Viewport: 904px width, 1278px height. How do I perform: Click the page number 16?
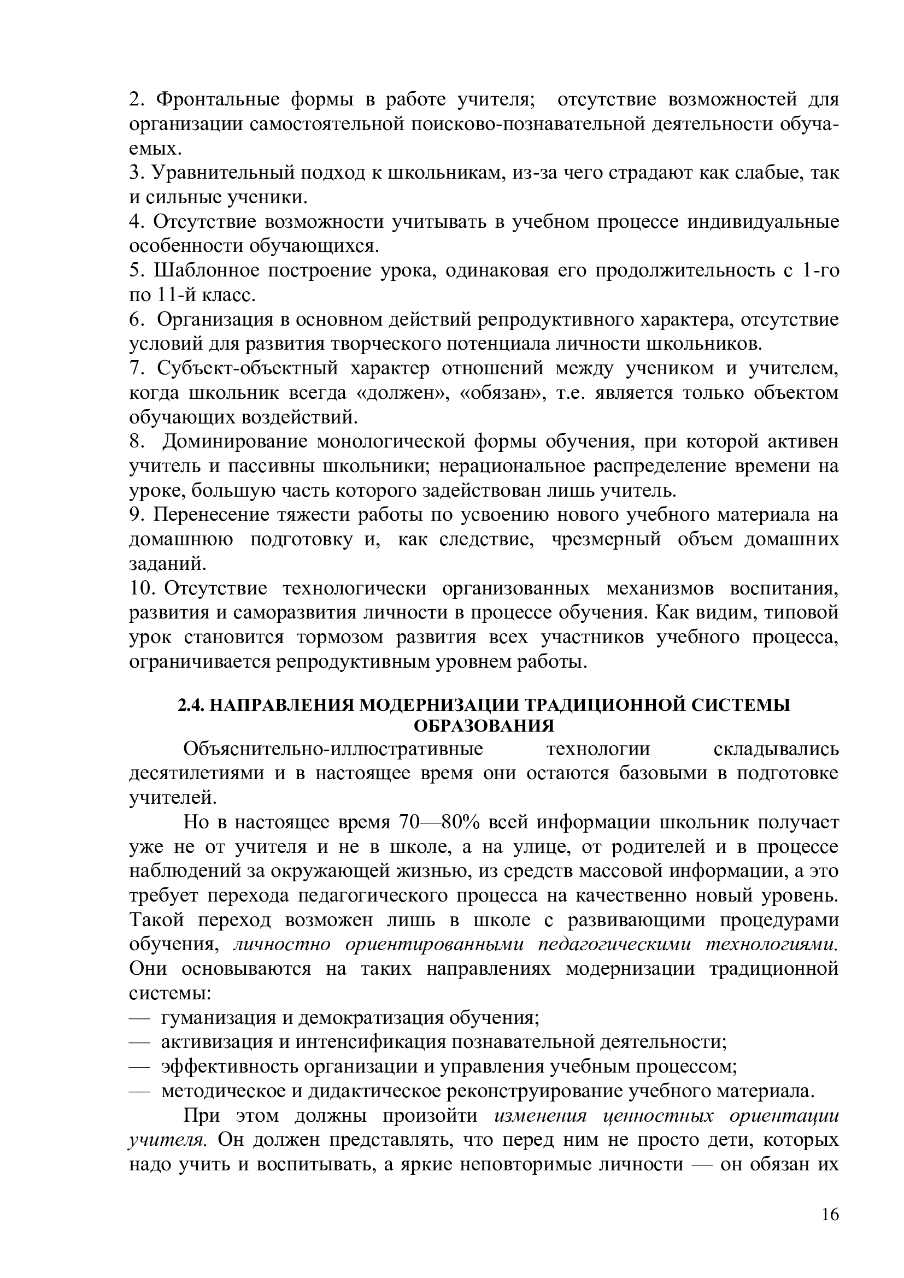tap(830, 1214)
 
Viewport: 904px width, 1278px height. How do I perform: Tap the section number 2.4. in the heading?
tap(191, 705)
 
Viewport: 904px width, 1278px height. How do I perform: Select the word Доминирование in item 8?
tap(236, 442)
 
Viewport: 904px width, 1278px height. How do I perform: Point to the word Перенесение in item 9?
tap(211, 515)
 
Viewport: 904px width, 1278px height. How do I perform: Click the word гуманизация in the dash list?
tap(219, 1018)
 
